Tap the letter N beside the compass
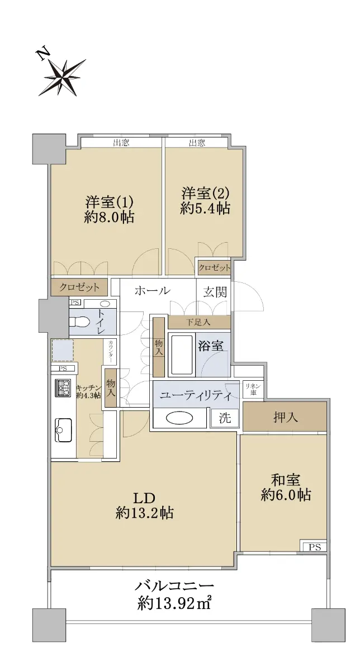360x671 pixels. [43, 54]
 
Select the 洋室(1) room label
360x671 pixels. [108, 202]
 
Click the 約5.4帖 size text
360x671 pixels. [205, 209]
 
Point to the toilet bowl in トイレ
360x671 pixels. [79, 322]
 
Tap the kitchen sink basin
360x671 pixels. [63, 430]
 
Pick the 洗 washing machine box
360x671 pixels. [225, 418]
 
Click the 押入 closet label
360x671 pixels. [286, 417]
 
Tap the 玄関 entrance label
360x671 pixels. [215, 292]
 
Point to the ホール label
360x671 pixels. [153, 290]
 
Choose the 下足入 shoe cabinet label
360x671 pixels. [198, 322]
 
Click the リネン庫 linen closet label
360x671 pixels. [253, 389]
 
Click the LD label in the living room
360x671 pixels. [144, 498]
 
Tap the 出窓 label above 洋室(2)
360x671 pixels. [197, 143]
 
